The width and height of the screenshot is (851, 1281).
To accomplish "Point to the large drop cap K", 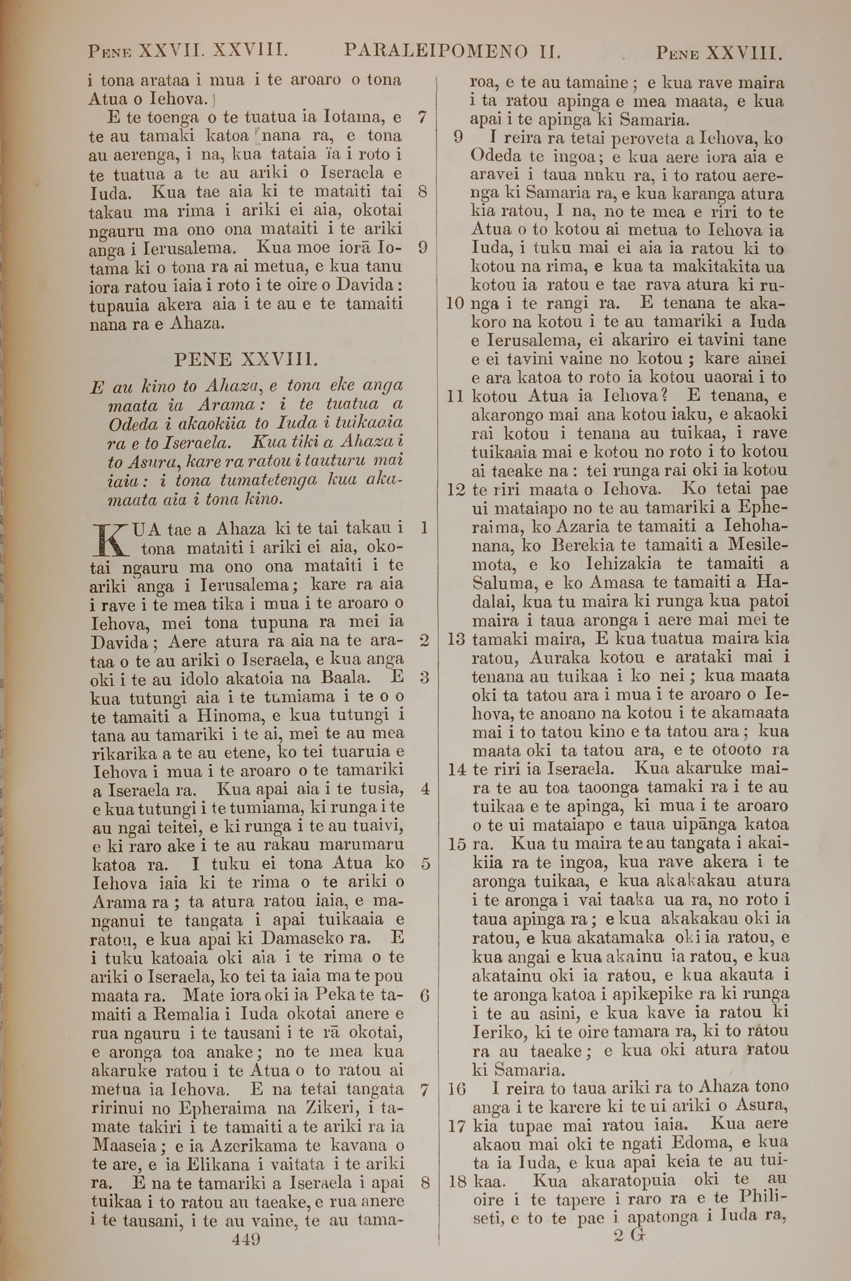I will tap(109, 539).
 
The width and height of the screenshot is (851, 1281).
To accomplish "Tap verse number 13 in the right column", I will tap(457, 640).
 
